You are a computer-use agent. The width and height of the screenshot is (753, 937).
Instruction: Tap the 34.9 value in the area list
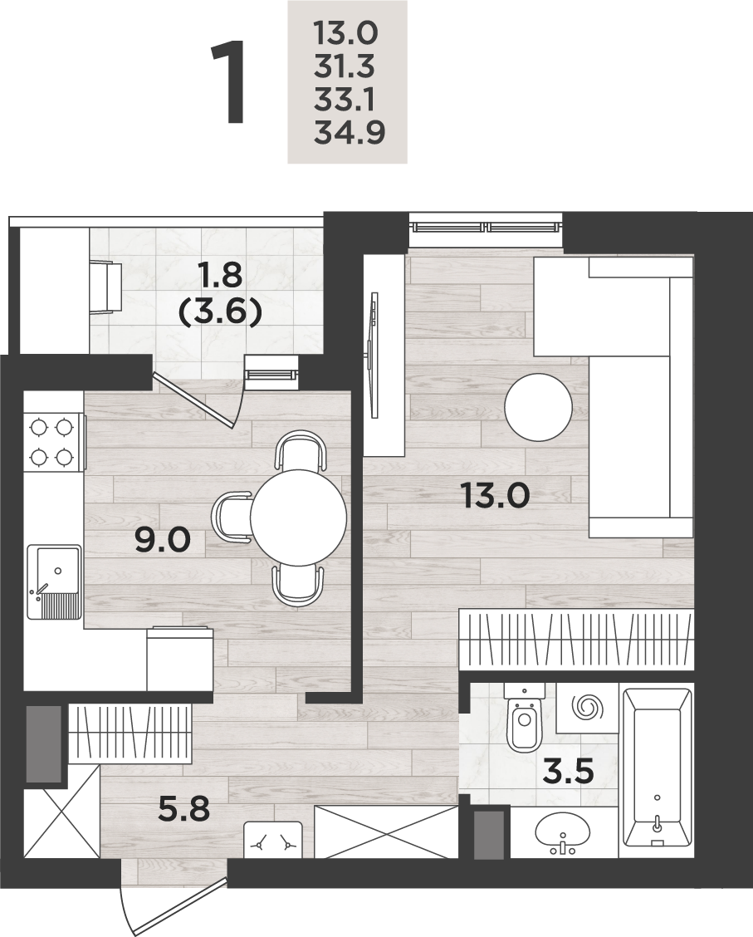tap(350, 132)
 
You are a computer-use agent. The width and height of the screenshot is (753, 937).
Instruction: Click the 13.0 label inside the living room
tap(495, 495)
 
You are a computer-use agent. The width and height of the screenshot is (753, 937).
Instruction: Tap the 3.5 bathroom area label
tap(568, 772)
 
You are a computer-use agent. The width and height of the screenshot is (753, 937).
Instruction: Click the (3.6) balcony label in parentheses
tap(221, 312)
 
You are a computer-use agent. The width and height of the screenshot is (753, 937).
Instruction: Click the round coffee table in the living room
tap(539, 408)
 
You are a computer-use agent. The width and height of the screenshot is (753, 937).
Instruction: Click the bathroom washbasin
tap(563, 832)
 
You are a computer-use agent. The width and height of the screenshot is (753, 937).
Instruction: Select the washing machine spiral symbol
tap(586, 708)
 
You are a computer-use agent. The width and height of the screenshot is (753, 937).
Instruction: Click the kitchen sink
tap(54, 581)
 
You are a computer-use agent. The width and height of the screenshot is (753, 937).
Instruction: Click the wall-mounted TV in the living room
tap(374, 355)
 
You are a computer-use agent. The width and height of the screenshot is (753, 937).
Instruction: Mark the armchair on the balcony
tap(106, 287)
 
